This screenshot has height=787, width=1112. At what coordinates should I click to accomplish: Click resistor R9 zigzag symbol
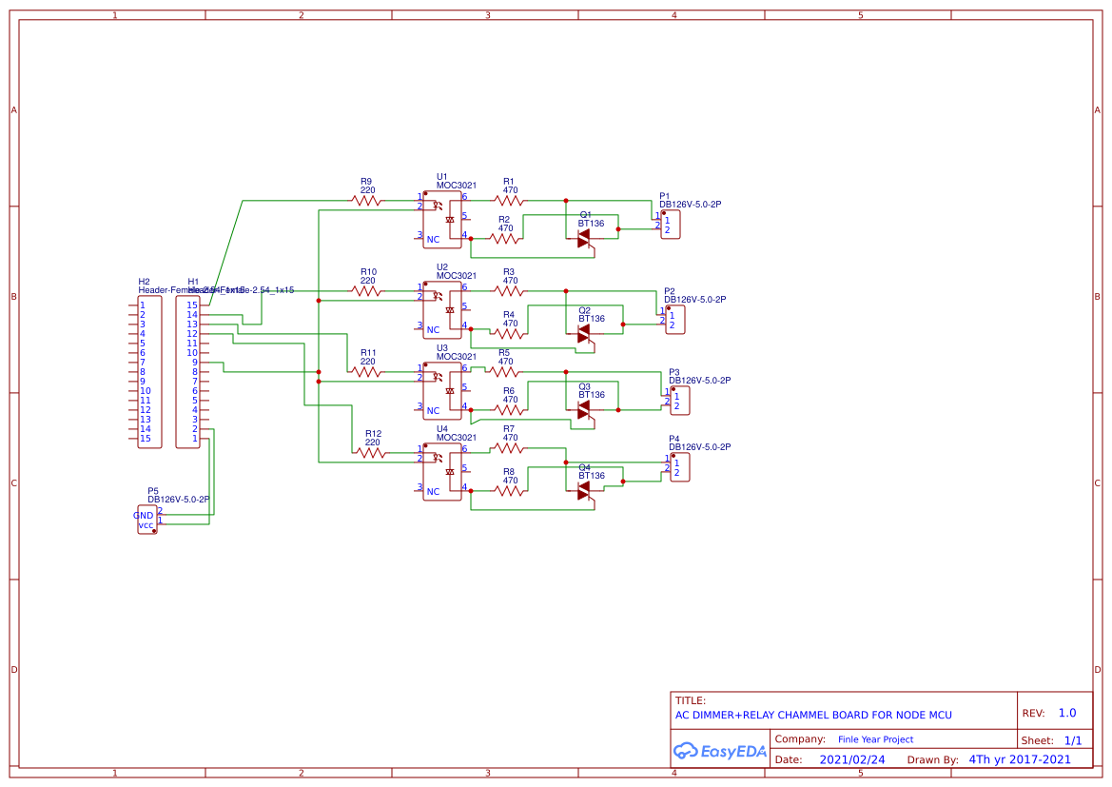click(367, 200)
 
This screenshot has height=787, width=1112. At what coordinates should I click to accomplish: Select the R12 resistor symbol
click(372, 452)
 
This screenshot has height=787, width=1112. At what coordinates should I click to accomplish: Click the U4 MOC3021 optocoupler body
click(441, 472)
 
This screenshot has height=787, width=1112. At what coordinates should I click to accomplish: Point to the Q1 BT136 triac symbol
click(584, 237)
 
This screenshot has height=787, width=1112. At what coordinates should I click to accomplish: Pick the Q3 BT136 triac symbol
click(584, 408)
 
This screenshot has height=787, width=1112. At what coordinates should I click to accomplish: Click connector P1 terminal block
click(671, 226)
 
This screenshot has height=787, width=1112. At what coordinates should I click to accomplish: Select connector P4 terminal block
click(679, 467)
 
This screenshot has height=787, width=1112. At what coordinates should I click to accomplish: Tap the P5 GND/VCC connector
click(146, 520)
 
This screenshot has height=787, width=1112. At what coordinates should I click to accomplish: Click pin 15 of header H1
click(192, 305)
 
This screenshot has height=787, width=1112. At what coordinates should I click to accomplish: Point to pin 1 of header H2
click(143, 305)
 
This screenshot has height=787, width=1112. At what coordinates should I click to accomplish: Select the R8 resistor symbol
click(509, 491)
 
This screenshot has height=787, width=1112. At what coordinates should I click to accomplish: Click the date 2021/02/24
click(852, 759)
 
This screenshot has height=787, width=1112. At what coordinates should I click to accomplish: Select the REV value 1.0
click(1066, 713)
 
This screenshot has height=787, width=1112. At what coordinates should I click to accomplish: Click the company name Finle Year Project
click(875, 739)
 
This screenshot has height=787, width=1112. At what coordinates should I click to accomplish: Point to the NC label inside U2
click(433, 330)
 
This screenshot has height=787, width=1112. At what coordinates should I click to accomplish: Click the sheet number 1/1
click(1072, 740)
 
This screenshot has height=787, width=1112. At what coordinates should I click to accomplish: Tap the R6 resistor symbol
click(509, 410)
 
